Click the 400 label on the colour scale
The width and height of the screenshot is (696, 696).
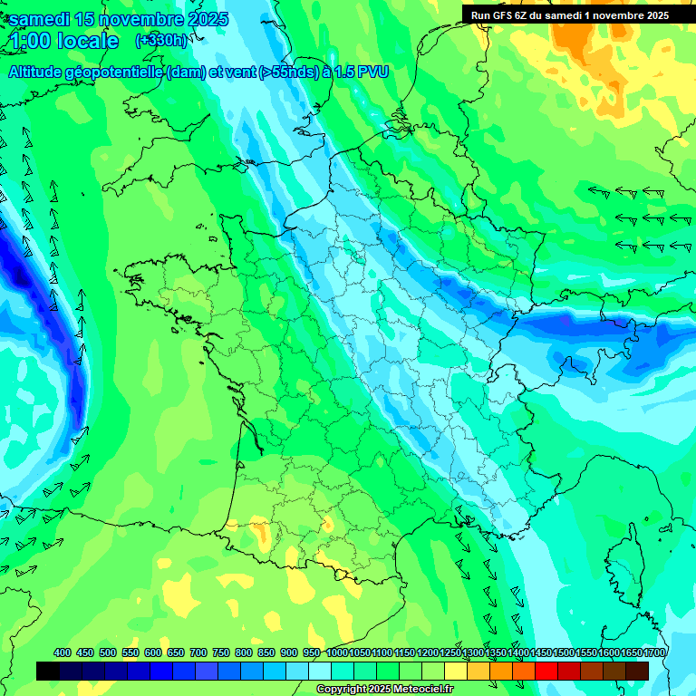(63, 652)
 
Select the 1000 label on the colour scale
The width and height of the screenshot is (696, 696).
(336, 652)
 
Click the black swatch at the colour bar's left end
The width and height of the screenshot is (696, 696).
(48, 672)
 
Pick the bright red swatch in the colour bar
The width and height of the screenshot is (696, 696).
(546, 672)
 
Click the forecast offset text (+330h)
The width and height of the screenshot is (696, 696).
(161, 40)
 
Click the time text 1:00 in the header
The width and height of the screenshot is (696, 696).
(28, 41)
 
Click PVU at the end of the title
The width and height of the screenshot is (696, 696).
(373, 72)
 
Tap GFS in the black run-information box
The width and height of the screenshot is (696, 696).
(504, 14)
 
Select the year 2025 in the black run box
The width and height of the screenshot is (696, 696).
(652, 14)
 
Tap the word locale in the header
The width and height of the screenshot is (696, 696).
(87, 41)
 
